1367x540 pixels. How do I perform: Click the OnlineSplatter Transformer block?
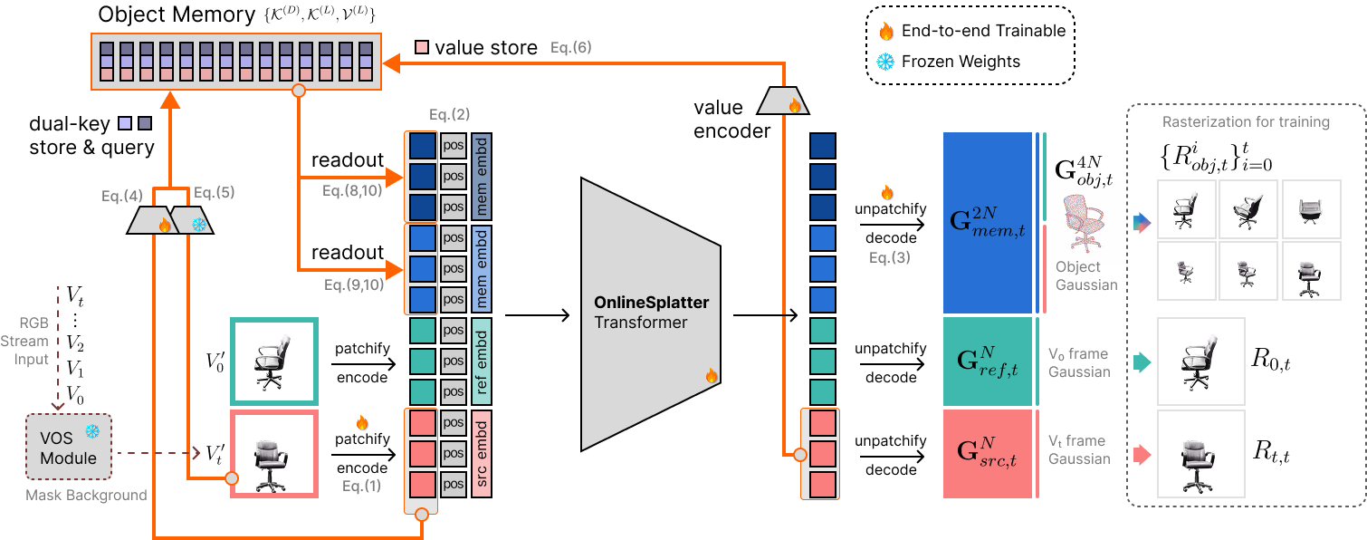coord(652,313)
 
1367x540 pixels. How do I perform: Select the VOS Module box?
coord(68,447)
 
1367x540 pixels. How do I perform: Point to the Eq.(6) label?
coord(571,46)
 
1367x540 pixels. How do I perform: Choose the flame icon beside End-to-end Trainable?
coord(886,31)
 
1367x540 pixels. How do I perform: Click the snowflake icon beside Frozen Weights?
coord(886,62)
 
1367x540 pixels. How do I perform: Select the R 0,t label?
coord(1271,362)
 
